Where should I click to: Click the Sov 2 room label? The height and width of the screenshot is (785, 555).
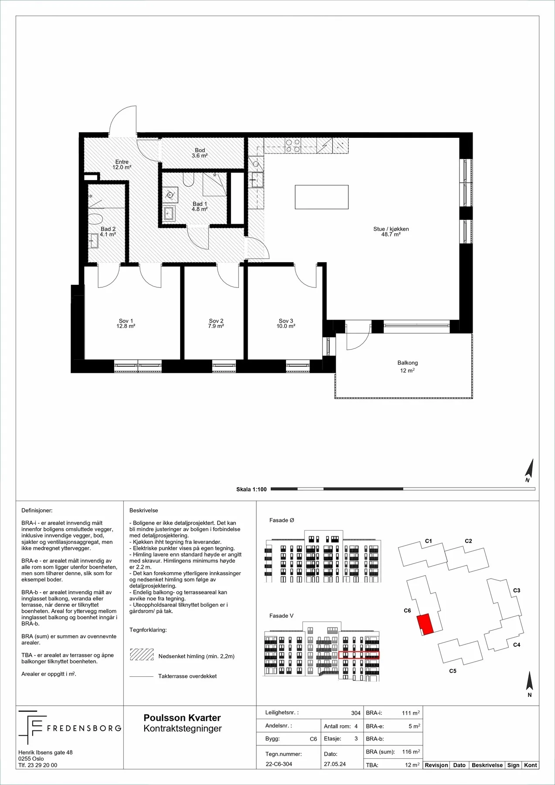[x=216, y=324]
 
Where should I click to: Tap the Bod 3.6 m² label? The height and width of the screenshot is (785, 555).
[x=200, y=153]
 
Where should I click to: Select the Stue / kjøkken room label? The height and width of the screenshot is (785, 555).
[x=391, y=232]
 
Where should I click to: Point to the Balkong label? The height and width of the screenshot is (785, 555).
[x=408, y=366]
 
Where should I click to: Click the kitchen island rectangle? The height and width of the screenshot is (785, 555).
[x=322, y=197]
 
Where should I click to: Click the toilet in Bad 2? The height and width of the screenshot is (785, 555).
[x=95, y=218]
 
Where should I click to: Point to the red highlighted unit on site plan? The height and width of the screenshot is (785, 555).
[x=425, y=624]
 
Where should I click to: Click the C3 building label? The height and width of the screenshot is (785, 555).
[x=517, y=590]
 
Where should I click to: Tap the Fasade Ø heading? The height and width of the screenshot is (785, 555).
[x=282, y=520]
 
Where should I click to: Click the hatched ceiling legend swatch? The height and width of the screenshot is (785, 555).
[x=142, y=655]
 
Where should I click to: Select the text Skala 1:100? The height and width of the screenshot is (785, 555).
[x=252, y=489]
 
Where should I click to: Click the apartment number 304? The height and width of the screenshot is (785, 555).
[x=356, y=713]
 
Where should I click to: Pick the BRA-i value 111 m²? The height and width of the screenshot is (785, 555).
[x=411, y=713]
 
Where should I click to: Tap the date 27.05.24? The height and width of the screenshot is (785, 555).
[x=335, y=764]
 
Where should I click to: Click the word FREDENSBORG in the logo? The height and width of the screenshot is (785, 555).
[x=84, y=728]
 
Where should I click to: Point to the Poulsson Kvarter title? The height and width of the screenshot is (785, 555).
[x=182, y=718]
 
